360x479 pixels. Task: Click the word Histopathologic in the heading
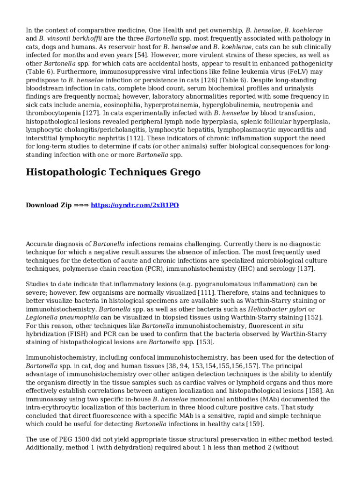65,172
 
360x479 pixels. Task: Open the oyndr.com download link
135,205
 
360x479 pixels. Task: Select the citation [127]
92,113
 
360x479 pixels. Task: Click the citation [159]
255,424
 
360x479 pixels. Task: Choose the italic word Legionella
42,318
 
